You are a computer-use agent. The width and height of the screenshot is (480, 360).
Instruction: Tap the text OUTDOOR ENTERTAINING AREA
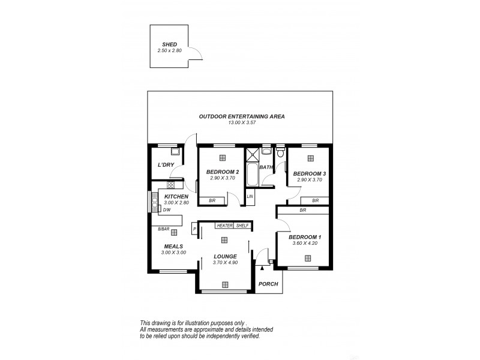pyautogui.click(x=242, y=116)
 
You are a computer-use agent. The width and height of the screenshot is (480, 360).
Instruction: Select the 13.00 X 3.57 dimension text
pyautogui.click(x=242, y=123)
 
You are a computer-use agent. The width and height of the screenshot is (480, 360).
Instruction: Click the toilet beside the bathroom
pyautogui.click(x=280, y=151)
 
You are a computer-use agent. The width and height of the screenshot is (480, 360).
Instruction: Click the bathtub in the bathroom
pyautogui.click(x=252, y=175)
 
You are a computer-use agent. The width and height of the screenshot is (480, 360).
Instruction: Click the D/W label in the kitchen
pyautogui.click(x=167, y=210)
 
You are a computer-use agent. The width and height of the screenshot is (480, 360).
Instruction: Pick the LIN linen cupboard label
pyautogui.click(x=250, y=197)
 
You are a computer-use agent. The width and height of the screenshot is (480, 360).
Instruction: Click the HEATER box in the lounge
pyautogui.click(x=224, y=226)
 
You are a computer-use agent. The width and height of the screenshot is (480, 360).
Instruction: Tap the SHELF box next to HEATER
pyautogui.click(x=242, y=226)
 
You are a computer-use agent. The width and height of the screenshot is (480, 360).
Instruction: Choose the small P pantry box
pyautogui.click(x=194, y=229)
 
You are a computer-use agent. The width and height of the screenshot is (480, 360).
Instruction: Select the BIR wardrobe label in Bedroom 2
pyautogui.click(x=212, y=200)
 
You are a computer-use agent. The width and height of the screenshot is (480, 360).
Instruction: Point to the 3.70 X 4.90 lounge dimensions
pyautogui.click(x=226, y=263)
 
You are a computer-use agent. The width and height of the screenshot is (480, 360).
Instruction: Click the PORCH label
pyautogui.click(x=268, y=284)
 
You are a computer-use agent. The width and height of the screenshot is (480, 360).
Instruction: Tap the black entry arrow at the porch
pyautogui.click(x=262, y=271)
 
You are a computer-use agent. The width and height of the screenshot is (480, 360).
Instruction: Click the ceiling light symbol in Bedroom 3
pyautogui.click(x=310, y=158)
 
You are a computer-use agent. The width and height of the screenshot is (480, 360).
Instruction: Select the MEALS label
pyautogui.click(x=173, y=246)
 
